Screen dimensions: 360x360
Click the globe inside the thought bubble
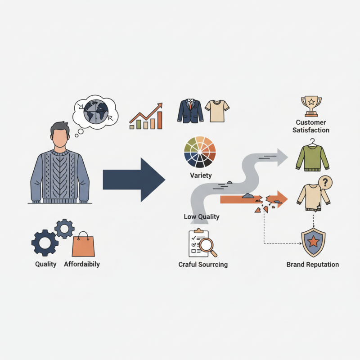pos(96,112)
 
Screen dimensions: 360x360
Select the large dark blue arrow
pos(134,180)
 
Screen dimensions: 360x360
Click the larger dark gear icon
pos(45,243)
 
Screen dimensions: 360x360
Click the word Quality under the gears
pos(46,264)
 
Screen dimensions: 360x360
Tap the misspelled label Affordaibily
pos(82,264)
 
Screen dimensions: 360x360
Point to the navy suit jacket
pos(190,111)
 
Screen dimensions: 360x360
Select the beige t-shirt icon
pos(217,111)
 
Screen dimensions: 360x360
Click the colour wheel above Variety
pos(200,152)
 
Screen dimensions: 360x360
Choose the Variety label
pos(201,175)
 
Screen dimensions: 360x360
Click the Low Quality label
pos(202,217)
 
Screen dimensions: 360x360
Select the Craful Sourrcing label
pos(203,265)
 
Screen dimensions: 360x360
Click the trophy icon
pos(311,106)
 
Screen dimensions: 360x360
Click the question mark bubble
pos(325,183)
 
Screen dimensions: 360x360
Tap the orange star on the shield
pos(313,242)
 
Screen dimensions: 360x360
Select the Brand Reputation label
pos(313,265)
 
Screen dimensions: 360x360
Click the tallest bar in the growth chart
pos(160,120)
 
